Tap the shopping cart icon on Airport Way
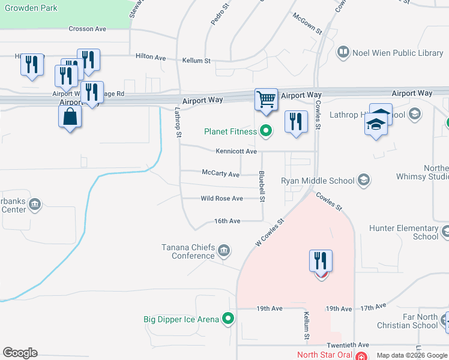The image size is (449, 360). pyautogui.click(x=266, y=99)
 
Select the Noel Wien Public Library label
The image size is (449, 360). pyautogui.click(x=397, y=53)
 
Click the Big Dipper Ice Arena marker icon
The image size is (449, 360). pyautogui.click(x=228, y=319)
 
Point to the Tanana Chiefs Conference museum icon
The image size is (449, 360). pyautogui.click(x=223, y=250)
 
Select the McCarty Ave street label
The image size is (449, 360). pyautogui.click(x=220, y=175)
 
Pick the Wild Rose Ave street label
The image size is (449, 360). pyautogui.click(x=221, y=199)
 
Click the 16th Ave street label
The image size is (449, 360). pyautogui.click(x=228, y=221)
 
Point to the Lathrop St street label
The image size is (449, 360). pyautogui.click(x=178, y=122)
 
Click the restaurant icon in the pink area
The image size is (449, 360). pyautogui.click(x=321, y=261)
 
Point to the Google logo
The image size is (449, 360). pyautogui.click(x=20, y=353)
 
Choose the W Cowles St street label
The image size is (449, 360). pyautogui.click(x=270, y=232)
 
